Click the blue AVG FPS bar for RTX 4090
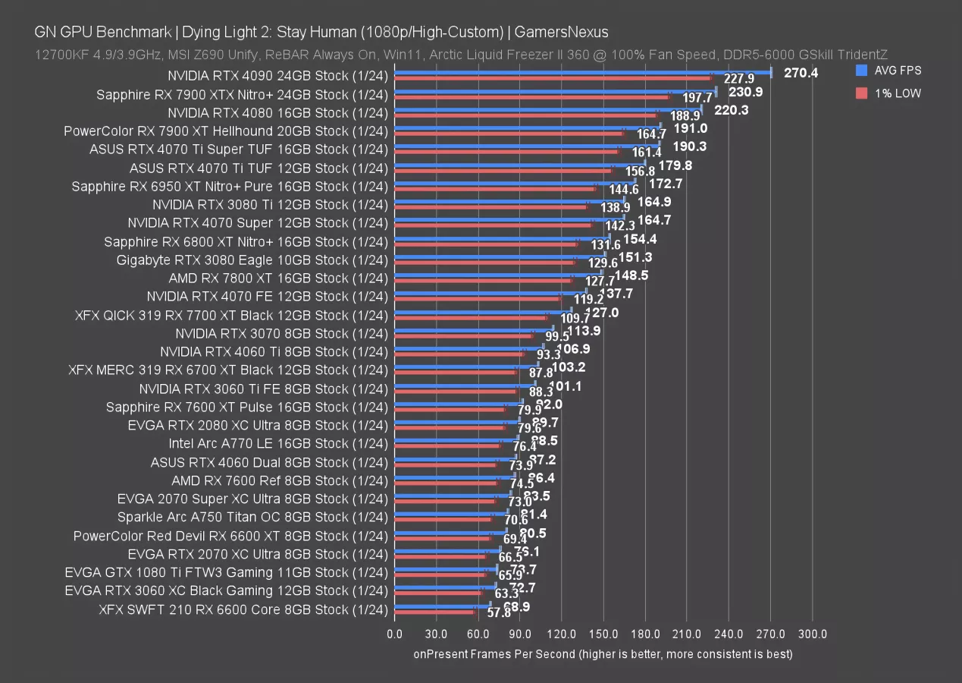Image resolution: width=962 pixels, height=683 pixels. [582, 73]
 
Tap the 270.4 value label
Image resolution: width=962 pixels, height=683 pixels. [802, 73]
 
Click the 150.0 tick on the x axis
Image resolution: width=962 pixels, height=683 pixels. [603, 634]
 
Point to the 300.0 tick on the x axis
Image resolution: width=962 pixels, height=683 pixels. [813, 634]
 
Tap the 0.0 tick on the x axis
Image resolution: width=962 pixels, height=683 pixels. [395, 634]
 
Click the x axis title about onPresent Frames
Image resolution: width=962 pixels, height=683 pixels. [603, 653]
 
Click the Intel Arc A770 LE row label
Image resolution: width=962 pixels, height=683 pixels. [278, 443]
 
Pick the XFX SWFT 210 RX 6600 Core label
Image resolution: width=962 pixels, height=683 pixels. [243, 609]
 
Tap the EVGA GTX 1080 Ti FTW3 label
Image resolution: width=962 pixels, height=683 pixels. [227, 572]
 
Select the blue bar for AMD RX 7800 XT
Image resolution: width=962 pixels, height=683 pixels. [498, 274]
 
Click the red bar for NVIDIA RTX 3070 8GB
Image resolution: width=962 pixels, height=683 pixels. [463, 336]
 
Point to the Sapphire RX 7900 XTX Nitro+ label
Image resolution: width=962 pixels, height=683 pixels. [242, 95]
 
